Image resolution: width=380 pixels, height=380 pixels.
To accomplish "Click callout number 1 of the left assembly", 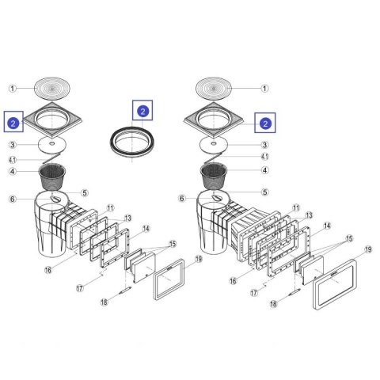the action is click(x=13, y=89).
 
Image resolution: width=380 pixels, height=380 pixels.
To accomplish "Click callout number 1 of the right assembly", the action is click(x=264, y=89).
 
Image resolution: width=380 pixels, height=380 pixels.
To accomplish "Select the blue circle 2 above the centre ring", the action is click(x=142, y=111).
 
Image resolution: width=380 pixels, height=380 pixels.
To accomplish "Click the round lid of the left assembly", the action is click(x=52, y=88).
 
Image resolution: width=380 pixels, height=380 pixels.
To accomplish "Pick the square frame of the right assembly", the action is click(x=214, y=120).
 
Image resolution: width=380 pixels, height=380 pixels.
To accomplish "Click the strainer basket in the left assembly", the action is click(x=52, y=177).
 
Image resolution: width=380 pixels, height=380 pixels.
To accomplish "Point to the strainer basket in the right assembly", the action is click(x=214, y=176).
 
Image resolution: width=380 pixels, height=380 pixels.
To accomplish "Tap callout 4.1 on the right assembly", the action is click(x=265, y=157).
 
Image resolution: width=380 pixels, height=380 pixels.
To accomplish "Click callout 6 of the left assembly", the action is click(x=13, y=199).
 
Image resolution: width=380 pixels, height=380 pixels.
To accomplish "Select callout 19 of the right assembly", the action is click(x=368, y=249).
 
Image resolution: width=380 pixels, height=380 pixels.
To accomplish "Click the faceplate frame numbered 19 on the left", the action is click(x=169, y=279).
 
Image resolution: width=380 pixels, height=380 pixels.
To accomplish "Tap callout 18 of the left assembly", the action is click(x=104, y=302).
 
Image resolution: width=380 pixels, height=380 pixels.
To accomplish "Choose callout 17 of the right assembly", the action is click(x=254, y=293).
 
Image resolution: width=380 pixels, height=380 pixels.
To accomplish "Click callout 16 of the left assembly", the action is click(x=48, y=270).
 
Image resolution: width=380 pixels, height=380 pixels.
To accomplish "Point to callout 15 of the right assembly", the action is click(x=349, y=239).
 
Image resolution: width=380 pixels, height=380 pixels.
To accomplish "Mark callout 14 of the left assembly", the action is click(x=146, y=229).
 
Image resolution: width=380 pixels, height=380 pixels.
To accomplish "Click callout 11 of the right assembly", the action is click(x=296, y=208).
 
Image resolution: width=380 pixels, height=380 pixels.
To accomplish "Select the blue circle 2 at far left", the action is click(x=13, y=123).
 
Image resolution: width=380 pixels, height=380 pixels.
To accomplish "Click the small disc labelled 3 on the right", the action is click(x=214, y=144).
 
